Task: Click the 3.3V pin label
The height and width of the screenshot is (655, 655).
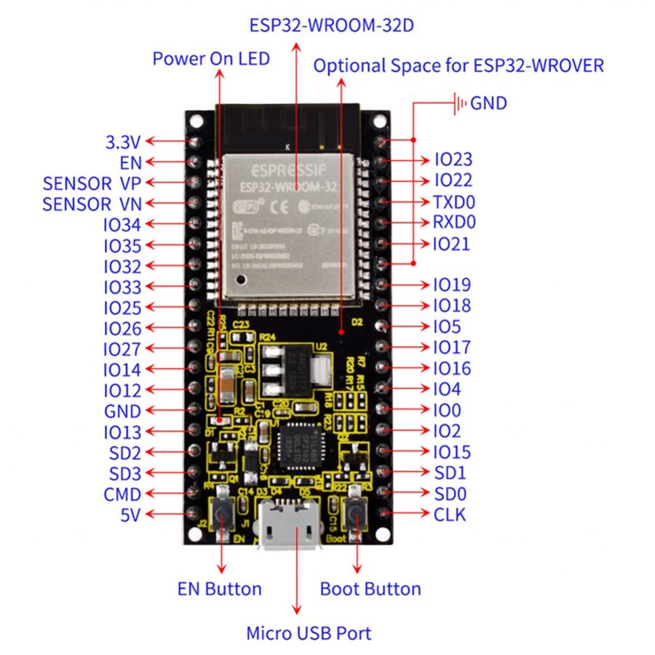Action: click(124, 141)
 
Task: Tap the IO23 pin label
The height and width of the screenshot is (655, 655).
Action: click(453, 159)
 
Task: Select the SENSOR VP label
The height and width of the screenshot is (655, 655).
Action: click(91, 183)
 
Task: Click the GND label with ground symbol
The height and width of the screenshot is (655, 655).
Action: click(488, 103)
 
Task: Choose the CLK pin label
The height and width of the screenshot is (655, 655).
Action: click(450, 515)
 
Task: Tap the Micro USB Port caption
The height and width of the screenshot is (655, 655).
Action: click(309, 633)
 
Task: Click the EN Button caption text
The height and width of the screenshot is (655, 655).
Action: click(219, 589)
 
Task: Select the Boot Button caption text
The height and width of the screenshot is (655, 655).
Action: click(370, 589)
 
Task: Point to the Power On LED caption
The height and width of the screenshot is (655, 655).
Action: click(211, 59)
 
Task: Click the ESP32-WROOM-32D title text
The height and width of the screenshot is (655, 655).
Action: click(332, 25)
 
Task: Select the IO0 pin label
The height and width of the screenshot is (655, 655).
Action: click(448, 410)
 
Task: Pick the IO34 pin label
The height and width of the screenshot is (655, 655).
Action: click(122, 225)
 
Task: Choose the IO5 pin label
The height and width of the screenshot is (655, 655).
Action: click(448, 327)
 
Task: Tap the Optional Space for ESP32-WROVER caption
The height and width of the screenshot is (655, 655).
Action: click(458, 65)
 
